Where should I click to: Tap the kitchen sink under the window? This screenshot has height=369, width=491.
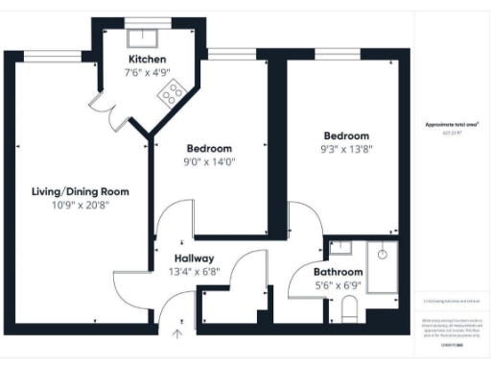pyautogui.click(x=147, y=37)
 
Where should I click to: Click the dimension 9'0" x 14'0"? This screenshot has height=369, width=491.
pyautogui.click(x=210, y=162)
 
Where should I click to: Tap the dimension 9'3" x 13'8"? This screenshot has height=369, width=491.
pyautogui.click(x=345, y=150)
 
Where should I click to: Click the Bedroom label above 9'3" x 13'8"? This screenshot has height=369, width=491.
pyautogui.click(x=345, y=136)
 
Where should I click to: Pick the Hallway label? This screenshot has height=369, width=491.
pyautogui.click(x=194, y=258)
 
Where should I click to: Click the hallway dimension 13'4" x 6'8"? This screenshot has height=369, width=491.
pyautogui.click(x=194, y=271)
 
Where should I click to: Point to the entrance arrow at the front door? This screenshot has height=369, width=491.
pyautogui.click(x=177, y=334)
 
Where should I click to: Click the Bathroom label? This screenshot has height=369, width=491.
pyautogui.click(x=339, y=273)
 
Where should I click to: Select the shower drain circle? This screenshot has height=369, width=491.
pyautogui.click(x=382, y=255)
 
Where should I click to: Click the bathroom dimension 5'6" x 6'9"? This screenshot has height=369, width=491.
pyautogui.click(x=339, y=285)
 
